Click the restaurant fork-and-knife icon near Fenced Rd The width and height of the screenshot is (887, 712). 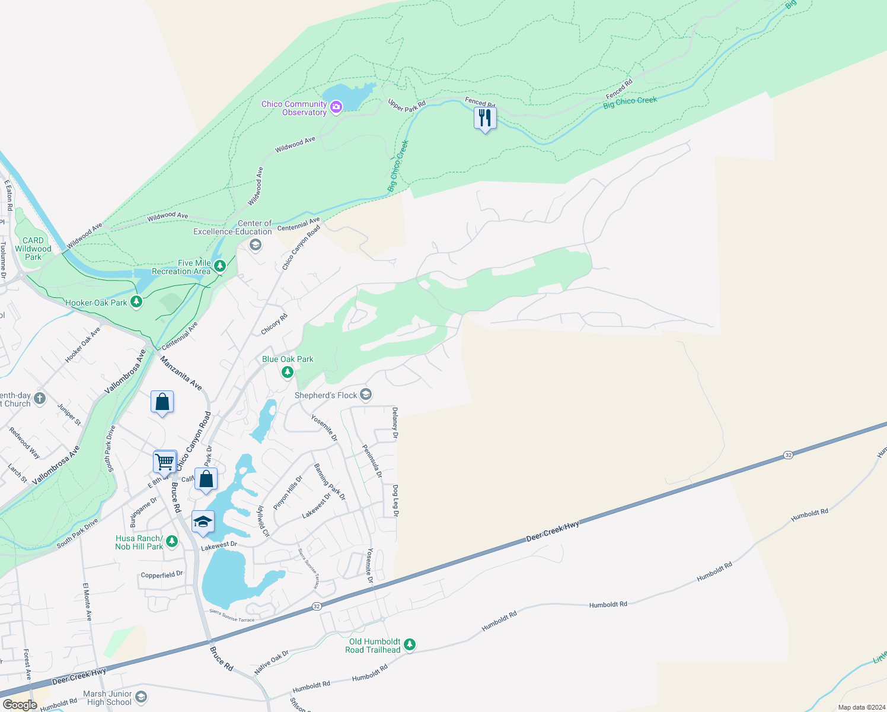pos(485,118)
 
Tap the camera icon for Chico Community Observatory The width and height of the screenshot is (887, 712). pos(336,107)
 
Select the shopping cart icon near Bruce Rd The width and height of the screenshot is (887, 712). pos(165,460)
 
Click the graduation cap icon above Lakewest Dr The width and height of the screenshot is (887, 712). pos(203,522)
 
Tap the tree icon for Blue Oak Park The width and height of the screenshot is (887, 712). pos(288,372)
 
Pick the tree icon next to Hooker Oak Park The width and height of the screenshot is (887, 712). pos(137,302)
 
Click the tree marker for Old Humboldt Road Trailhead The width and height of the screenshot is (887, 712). pos(410,644)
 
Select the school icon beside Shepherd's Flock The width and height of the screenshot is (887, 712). pos(366,395)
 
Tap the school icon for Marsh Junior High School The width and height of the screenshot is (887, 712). pos(141,697)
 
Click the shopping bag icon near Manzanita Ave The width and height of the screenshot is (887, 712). pos(162,402)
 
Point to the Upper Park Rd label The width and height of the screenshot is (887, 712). pos(407,105)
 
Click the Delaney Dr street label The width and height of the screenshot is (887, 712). pos(395,423)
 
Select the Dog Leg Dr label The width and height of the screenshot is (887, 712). pos(395,500)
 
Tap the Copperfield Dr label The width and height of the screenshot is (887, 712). pos(162,575)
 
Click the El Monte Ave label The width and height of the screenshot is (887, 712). pos(87,602)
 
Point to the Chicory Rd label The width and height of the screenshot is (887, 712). pos(275,324)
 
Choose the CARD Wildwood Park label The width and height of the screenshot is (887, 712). pos(33,249)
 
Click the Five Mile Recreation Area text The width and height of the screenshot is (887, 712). pos(181,267)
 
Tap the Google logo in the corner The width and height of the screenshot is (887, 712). pos(20,705)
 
